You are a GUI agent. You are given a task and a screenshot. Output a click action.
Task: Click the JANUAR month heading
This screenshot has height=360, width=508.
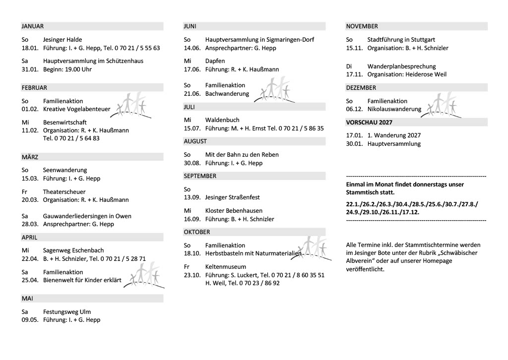33,26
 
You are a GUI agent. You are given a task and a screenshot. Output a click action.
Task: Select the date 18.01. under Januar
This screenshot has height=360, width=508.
30,48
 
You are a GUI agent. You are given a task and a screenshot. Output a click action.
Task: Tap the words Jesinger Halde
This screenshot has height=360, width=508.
63,40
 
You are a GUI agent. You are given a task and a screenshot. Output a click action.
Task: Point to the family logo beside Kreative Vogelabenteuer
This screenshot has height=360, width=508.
129,105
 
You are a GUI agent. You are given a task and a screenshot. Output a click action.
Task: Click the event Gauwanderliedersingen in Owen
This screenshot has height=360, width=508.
87,216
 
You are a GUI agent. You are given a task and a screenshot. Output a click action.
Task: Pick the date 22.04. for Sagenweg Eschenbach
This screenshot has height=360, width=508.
30,258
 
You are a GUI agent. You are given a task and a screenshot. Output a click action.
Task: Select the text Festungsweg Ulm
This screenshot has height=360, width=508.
67,312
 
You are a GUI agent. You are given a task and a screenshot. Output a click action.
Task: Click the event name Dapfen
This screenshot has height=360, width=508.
215,61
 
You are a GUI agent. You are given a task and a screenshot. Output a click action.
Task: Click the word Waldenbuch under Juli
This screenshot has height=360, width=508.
222,120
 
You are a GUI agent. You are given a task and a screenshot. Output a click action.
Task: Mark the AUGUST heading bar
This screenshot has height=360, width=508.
194,141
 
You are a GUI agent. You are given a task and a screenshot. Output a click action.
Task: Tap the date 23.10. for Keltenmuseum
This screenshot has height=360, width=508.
192,275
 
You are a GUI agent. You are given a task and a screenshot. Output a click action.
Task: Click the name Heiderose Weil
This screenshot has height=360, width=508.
425,74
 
